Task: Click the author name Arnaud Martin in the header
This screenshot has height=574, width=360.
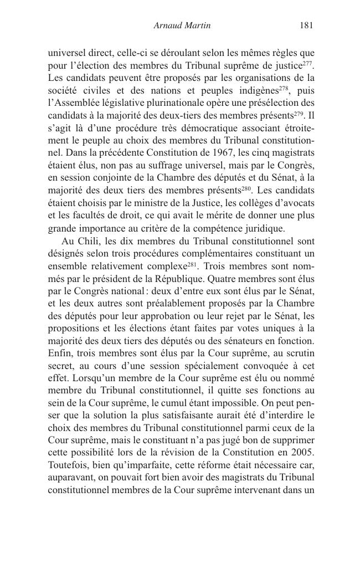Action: click(181, 25)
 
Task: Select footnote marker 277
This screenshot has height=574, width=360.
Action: click(309, 63)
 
